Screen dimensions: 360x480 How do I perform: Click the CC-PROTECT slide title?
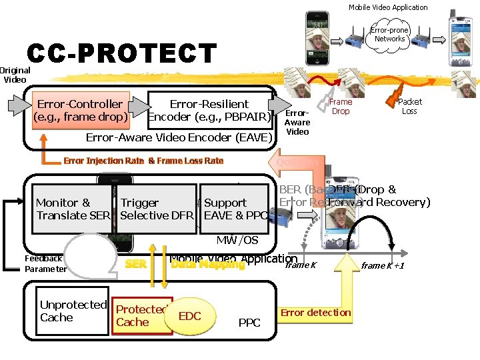pos(122,54)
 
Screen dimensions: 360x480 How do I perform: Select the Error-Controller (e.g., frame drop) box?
pos(80,110)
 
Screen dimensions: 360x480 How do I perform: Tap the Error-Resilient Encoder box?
pos(209,110)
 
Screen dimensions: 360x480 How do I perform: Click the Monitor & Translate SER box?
pos(72,209)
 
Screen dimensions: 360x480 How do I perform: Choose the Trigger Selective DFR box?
pos(157,209)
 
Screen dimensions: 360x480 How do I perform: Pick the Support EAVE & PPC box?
pos(234,209)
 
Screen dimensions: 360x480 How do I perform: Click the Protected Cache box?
pos(142,316)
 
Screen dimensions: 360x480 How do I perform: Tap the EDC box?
pos(190,316)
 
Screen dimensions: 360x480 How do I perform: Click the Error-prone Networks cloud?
pos(389,35)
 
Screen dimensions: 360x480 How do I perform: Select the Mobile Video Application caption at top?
pos(388,7)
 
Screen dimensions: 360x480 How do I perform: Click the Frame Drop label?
pos(341,106)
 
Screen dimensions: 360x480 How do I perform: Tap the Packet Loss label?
pos(409,106)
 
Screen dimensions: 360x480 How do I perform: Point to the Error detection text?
pos(315,313)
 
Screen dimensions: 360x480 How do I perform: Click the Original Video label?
pos(15,75)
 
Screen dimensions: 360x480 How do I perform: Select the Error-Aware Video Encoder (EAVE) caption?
pos(179,138)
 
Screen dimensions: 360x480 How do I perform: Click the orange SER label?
pos(136,265)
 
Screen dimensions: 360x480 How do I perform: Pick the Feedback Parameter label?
pos(45,263)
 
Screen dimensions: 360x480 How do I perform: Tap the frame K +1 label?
pos(383,266)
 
